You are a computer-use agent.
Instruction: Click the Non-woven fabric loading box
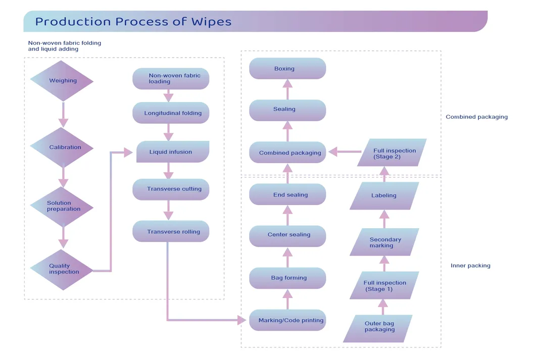pos(171,79)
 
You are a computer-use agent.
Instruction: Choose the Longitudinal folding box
pos(171,113)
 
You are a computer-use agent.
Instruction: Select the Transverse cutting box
pos(171,189)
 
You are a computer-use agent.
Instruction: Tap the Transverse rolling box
pos(171,232)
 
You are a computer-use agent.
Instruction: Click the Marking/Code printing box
pos(287,320)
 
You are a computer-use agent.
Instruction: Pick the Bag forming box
pos(287,278)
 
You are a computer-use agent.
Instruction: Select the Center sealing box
pos(287,235)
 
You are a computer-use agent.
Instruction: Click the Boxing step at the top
pos(287,69)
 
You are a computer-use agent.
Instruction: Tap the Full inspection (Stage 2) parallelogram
pos(392,153)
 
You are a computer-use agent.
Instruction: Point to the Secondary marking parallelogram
pos(384,242)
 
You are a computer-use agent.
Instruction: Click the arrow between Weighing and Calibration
pos(63,115)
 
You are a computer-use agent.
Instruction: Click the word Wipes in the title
pos(211,22)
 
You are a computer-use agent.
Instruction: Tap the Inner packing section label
pos(470,266)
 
